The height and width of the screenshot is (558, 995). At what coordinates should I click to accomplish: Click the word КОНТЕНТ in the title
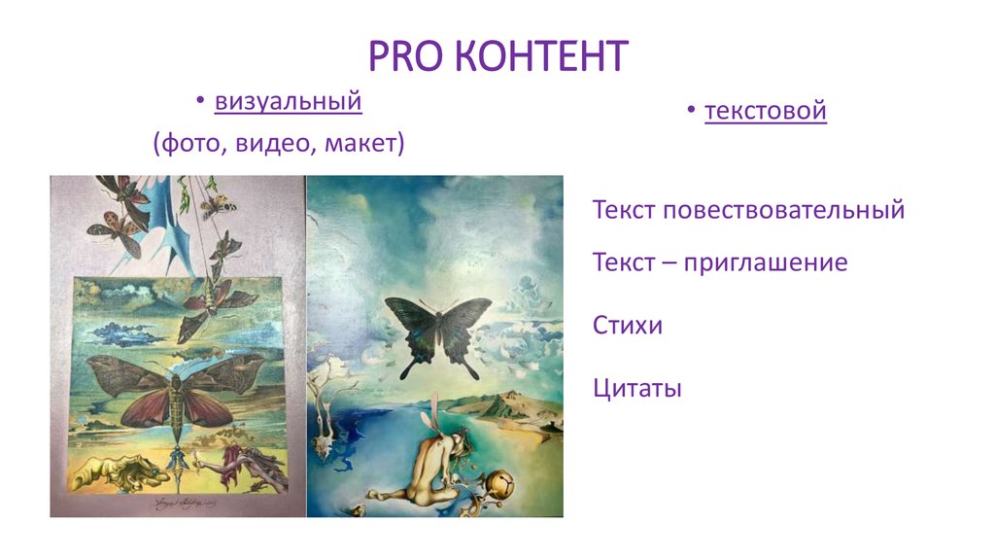click(x=539, y=57)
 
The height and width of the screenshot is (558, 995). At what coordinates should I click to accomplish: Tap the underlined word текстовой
click(x=766, y=111)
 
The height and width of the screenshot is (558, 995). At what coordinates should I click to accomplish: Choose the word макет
click(x=360, y=144)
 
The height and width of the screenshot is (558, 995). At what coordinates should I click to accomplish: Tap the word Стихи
click(x=627, y=325)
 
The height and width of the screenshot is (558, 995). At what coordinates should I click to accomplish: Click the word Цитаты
click(x=636, y=389)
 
